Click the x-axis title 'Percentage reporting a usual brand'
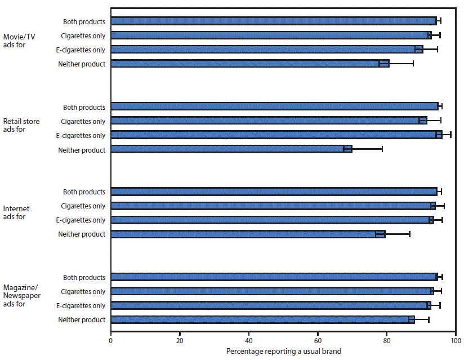(x=284, y=351)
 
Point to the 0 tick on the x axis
(x=110, y=340)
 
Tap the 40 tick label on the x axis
(x=249, y=340)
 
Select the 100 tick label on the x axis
(x=456, y=340)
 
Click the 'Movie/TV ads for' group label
(x=19, y=42)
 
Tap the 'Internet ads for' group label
(x=16, y=212)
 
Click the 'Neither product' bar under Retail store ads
(x=231, y=149)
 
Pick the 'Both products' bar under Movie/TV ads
(x=273, y=21)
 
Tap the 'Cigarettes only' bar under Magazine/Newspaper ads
(x=272, y=291)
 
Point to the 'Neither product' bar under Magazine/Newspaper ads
(x=262, y=319)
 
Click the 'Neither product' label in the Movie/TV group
(x=82, y=64)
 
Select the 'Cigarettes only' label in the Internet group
(x=83, y=206)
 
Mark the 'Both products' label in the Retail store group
(x=84, y=107)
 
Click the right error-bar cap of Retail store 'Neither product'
(x=382, y=149)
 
